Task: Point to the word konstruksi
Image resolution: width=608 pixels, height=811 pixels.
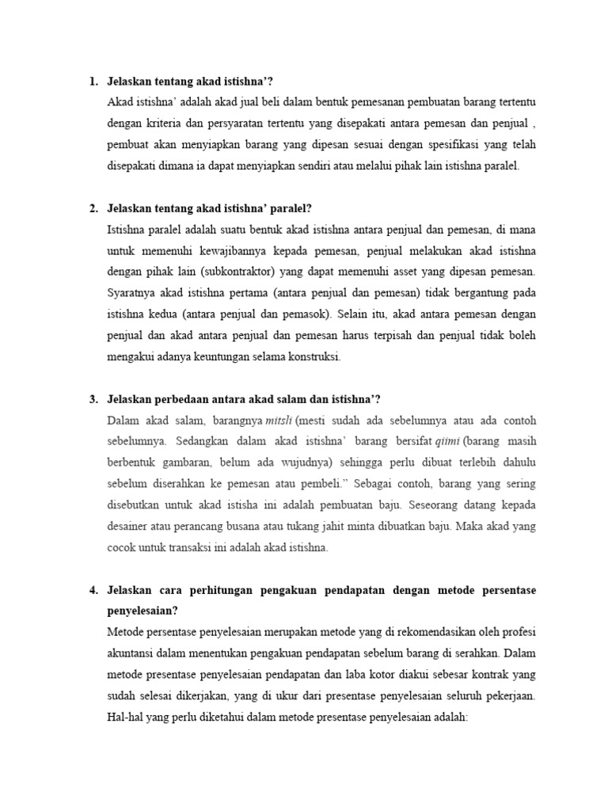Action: pyautogui.click(x=313, y=356)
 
